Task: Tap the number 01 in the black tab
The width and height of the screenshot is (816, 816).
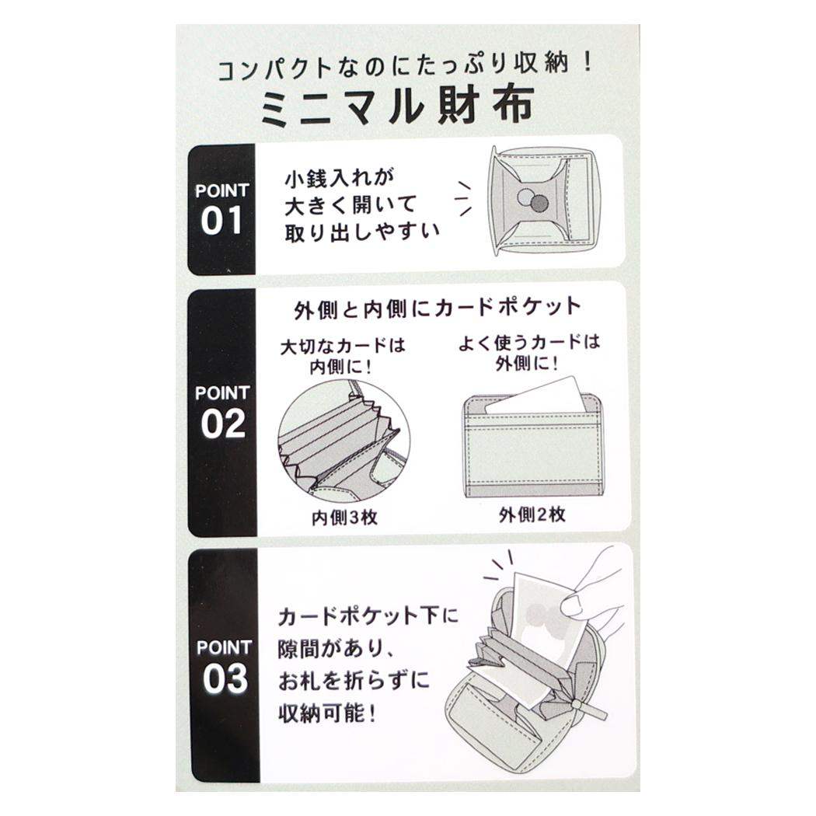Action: (221, 221)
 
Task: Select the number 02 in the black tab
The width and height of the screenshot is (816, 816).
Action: (223, 424)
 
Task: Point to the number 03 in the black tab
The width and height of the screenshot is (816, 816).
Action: (225, 679)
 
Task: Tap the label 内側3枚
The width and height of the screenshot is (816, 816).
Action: (344, 517)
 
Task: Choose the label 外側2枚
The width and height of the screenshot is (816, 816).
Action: (532, 514)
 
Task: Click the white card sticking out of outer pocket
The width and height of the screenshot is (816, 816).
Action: (536, 396)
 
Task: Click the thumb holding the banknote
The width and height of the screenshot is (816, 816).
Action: (571, 604)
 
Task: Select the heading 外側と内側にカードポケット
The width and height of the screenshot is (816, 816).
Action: (437, 308)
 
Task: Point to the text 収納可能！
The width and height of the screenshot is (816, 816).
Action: (327, 713)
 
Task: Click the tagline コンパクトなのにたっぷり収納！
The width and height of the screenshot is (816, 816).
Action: (405, 68)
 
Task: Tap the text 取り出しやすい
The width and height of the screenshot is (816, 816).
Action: (361, 232)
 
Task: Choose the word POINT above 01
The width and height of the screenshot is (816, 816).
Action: (222, 190)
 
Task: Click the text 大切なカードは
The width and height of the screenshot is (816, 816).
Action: (343, 346)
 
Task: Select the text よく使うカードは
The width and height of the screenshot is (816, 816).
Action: (528, 343)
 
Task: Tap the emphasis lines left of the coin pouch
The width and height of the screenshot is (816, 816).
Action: (463, 198)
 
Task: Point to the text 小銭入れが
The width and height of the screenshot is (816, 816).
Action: (340, 178)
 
